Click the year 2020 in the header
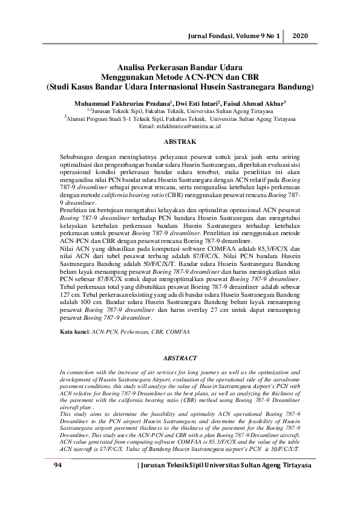(x=301, y=36)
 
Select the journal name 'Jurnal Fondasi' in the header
(x=210, y=36)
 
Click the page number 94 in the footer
(x=58, y=465)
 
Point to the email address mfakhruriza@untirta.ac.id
(x=180, y=126)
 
